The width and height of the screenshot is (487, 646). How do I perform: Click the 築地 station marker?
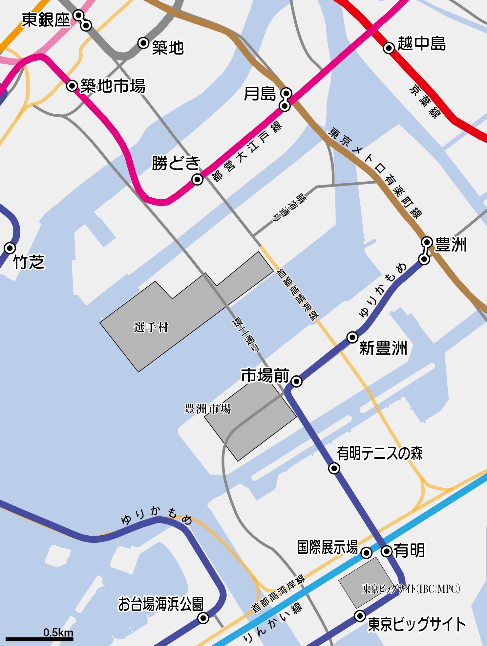[143, 43]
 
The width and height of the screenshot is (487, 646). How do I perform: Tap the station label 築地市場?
[113, 86]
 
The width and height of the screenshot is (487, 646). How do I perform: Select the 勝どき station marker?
[197, 179]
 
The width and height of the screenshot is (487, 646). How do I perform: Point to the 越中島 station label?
[422, 43]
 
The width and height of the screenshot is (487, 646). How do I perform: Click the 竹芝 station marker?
[10, 248]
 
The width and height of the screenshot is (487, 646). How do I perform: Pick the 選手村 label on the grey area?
[151, 327]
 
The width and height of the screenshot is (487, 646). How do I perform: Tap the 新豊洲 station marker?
[352, 337]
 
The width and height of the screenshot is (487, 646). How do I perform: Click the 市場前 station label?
[265, 375]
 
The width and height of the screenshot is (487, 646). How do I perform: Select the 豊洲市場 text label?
[207, 409]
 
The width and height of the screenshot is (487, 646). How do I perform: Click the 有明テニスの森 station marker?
[334, 468]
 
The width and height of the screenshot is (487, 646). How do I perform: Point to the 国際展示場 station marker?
[366, 553]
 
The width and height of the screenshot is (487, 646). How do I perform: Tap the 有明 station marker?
[387, 551]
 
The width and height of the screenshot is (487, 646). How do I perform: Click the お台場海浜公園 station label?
[161, 604]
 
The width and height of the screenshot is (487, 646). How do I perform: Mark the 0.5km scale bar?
[39, 639]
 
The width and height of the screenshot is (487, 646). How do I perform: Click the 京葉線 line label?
[425, 101]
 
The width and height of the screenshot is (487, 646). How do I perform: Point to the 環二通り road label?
[246, 335]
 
